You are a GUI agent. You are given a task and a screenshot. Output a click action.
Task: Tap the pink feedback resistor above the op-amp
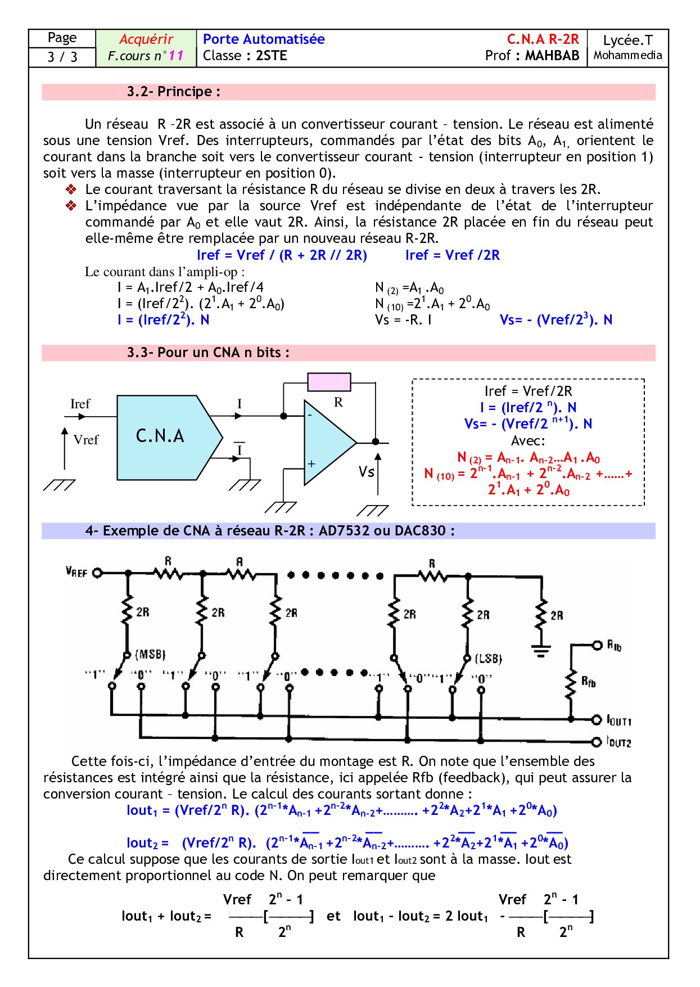329,382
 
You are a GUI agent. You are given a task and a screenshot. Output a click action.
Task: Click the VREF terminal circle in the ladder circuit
97,573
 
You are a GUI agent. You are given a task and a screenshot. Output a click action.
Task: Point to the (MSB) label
151,654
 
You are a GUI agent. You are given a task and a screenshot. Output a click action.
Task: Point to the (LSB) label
488,658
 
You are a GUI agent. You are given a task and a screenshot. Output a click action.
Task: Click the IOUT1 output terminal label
619,720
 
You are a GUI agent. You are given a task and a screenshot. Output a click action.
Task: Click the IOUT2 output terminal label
619,742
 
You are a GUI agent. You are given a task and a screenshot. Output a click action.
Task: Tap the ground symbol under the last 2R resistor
541,651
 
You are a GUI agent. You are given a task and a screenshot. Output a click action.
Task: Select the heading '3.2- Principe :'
173,92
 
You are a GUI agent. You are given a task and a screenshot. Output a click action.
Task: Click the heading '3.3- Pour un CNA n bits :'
208,353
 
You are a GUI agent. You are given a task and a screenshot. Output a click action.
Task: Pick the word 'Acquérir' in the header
146,39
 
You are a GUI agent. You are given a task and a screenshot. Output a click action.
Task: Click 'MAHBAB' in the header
552,56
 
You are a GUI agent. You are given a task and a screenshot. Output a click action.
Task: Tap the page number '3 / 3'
62,57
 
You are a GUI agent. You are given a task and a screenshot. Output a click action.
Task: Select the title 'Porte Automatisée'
264,39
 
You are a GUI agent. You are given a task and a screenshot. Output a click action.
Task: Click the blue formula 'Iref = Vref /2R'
452,255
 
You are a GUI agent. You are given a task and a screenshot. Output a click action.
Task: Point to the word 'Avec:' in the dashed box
528,440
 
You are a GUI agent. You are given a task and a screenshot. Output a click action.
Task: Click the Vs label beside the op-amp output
367,471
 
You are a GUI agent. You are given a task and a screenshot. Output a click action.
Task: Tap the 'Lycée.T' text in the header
627,40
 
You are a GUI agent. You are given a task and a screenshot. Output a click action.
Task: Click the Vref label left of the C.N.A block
86,440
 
